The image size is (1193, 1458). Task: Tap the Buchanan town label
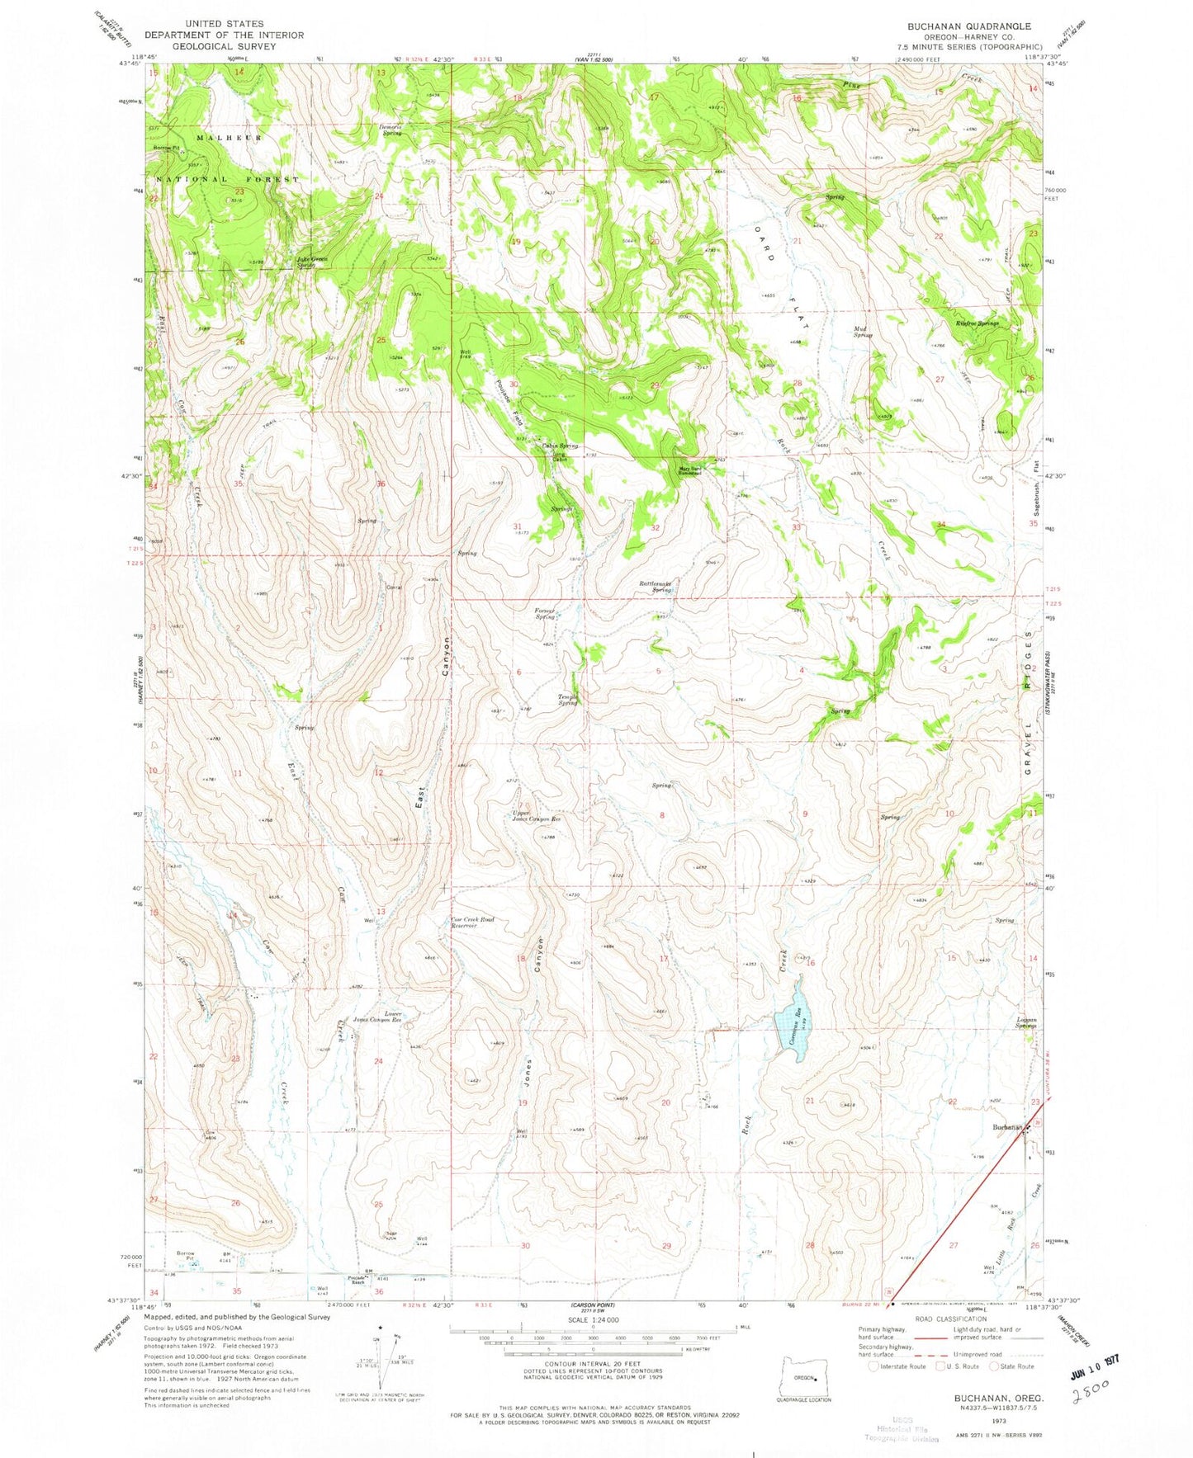(x=1008, y=1127)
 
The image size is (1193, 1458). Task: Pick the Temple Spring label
(x=567, y=699)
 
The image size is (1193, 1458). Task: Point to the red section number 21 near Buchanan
(x=810, y=1101)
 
